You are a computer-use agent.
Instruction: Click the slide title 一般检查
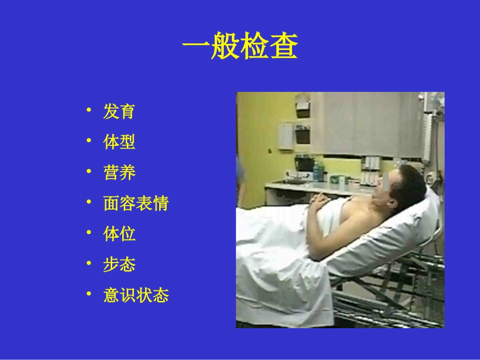[x=240, y=48]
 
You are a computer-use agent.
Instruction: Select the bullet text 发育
[x=119, y=112]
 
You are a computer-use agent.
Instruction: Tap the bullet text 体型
[x=119, y=142]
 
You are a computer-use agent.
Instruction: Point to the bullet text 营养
[x=119, y=173]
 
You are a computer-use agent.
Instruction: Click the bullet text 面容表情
[x=136, y=203]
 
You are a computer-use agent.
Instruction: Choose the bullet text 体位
[x=119, y=234]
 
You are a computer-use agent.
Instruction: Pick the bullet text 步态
[x=119, y=265]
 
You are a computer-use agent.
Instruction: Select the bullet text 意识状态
[x=136, y=295]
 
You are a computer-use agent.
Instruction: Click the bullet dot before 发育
[x=89, y=111]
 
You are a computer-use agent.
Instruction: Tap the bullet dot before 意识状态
[x=89, y=294]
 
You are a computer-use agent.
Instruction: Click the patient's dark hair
[x=412, y=183]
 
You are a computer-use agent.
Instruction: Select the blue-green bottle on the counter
[x=317, y=172]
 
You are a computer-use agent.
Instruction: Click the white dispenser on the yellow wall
[x=285, y=135]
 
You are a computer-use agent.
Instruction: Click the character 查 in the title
[x=284, y=48]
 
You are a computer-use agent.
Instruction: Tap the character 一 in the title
[x=196, y=48]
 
